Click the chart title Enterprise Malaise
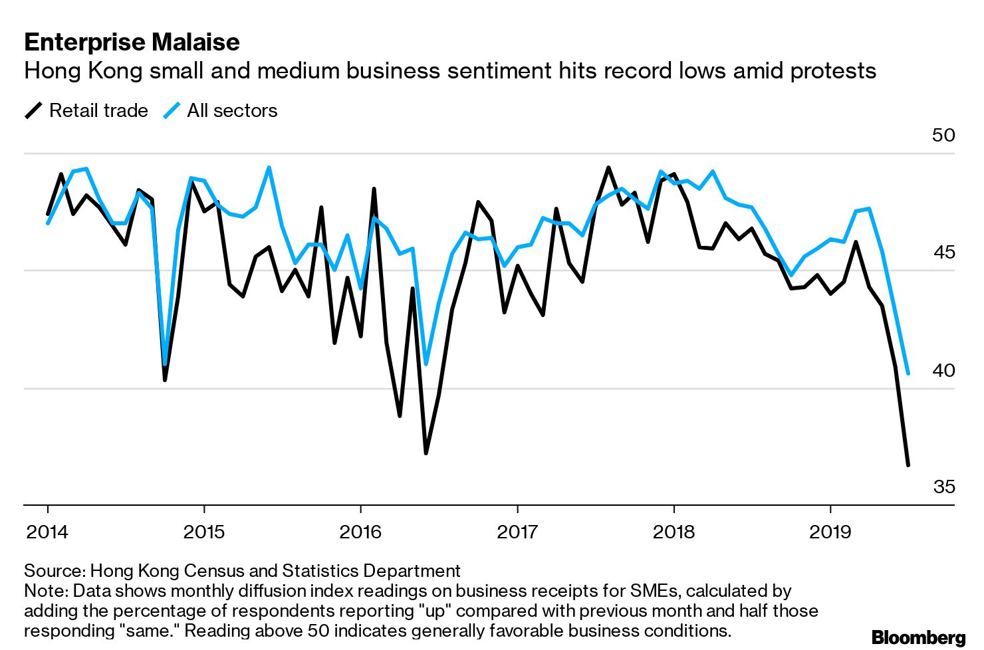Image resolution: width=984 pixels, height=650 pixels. point(132,42)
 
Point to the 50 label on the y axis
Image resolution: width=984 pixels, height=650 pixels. point(943,136)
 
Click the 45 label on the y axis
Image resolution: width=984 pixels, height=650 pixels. point(943,253)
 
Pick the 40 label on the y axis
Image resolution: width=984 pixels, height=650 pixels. point(943,370)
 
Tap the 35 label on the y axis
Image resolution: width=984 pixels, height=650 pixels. point(943,487)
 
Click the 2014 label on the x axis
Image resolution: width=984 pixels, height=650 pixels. point(47,532)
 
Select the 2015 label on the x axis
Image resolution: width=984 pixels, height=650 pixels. point(204,532)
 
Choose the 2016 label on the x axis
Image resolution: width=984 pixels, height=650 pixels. point(360,532)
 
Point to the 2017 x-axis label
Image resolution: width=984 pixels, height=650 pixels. point(517,532)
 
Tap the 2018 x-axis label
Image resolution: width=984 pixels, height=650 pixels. point(674,532)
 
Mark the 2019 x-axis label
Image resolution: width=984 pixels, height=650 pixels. point(830,532)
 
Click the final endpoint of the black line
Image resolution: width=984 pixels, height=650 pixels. point(908,465)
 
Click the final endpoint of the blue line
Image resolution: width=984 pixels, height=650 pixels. point(908,374)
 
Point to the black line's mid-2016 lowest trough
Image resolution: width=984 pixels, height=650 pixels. point(426,453)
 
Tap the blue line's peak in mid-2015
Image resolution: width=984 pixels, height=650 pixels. point(269,167)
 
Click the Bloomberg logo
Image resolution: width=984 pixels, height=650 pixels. point(918,637)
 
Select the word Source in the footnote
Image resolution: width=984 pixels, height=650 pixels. point(54,571)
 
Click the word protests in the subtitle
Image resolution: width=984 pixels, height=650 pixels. point(833,70)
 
